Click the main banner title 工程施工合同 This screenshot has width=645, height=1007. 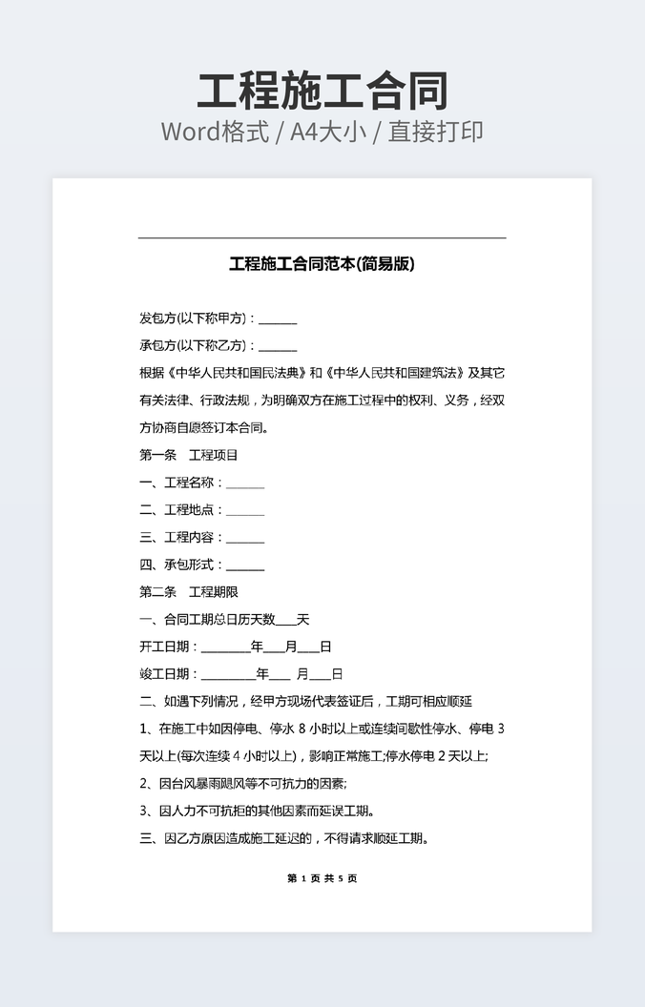tap(322, 92)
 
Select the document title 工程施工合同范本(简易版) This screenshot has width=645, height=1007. tap(322, 264)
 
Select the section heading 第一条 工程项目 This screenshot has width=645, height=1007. tap(189, 455)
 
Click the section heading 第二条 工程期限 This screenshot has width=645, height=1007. tap(189, 592)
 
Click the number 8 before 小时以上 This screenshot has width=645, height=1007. tap(302, 730)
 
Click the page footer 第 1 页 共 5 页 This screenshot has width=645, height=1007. tap(322, 878)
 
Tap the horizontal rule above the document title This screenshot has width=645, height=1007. tap(322, 237)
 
